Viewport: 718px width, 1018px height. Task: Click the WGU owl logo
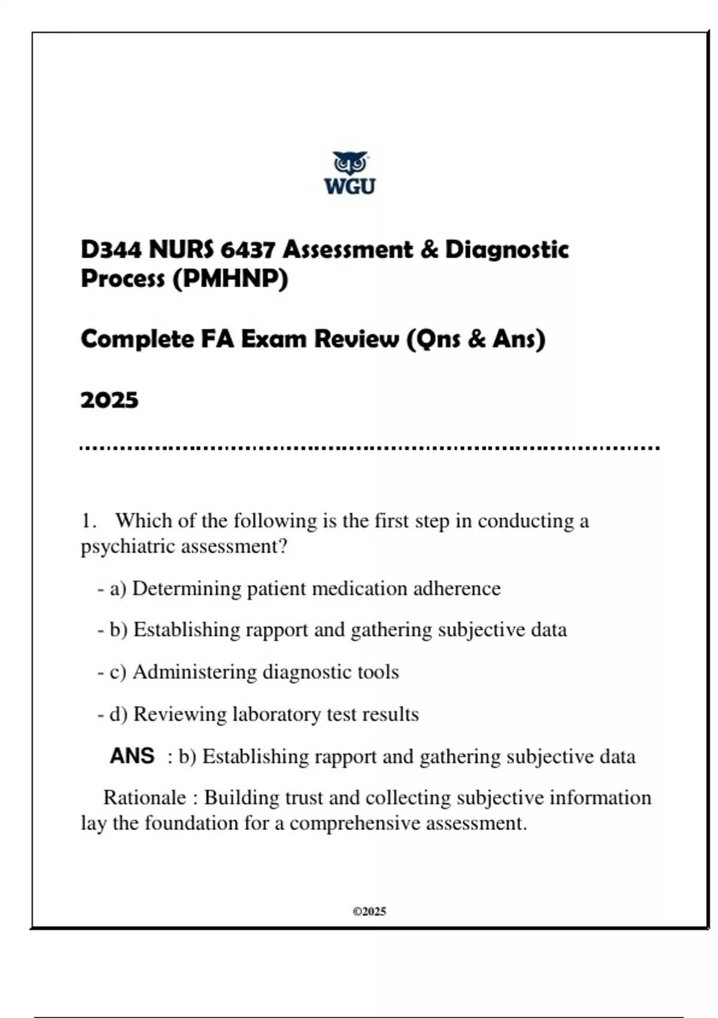[350, 173]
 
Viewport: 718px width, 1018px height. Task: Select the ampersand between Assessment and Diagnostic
[429, 249]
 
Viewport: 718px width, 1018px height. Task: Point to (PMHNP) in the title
[230, 278]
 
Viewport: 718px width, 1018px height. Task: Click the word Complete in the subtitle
[137, 339]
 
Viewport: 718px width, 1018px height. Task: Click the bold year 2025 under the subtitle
[109, 400]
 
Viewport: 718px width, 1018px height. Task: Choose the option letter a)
[118, 589]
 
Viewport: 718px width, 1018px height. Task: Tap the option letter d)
[118, 714]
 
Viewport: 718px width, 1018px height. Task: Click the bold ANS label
[132, 756]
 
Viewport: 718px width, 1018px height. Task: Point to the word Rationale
[144, 798]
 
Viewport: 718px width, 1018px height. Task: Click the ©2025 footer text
[369, 911]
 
